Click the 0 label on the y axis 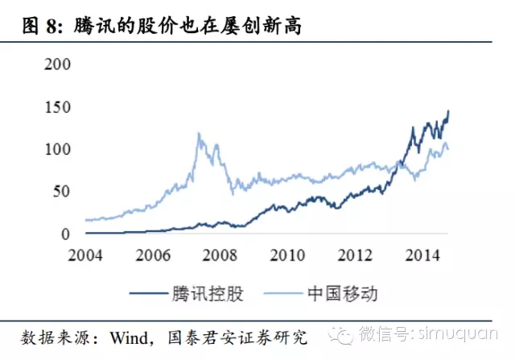coord(67,234)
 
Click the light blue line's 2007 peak coord(199,134)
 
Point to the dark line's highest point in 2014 coord(448,110)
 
